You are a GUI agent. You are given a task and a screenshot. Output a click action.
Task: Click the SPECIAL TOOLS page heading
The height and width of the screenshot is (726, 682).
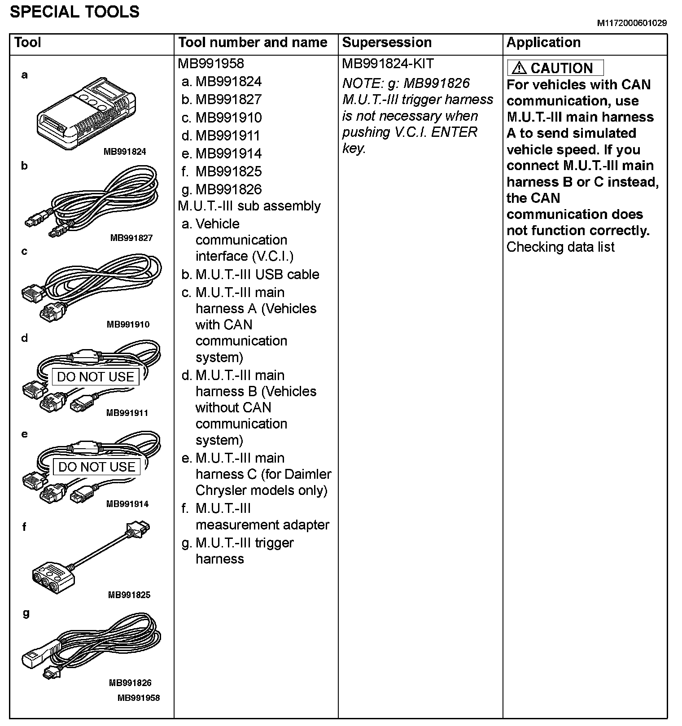(x=74, y=12)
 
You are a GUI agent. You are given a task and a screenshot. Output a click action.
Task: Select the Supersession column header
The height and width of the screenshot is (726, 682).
(x=386, y=43)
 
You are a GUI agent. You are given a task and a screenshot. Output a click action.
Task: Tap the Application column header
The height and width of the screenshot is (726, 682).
(x=543, y=43)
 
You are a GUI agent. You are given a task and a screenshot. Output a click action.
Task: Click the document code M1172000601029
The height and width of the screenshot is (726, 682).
(x=631, y=23)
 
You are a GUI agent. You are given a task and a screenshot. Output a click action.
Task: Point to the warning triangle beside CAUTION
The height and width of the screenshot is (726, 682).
(x=519, y=68)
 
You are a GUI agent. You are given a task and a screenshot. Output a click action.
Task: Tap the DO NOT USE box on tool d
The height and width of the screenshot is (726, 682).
(x=96, y=377)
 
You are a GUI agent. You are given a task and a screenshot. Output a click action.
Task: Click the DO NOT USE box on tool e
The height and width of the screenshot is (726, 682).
(x=97, y=467)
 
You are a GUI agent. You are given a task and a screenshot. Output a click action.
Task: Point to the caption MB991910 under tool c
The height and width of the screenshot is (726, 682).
(x=128, y=324)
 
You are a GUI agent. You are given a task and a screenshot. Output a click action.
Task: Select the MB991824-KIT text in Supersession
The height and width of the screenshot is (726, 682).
(x=388, y=64)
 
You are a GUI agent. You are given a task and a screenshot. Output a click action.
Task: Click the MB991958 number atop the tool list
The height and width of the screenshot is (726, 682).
(x=211, y=64)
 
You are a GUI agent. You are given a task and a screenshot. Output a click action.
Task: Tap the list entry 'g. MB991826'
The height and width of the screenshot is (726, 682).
(x=222, y=189)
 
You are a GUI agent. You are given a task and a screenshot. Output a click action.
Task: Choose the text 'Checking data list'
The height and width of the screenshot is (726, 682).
(x=560, y=247)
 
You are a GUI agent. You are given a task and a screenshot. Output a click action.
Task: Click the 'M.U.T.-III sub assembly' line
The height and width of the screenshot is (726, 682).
(x=249, y=206)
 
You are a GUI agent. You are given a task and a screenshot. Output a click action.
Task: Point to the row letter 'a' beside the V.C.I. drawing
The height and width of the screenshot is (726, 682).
(x=25, y=75)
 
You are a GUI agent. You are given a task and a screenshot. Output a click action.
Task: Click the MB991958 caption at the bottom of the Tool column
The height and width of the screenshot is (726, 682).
(x=139, y=698)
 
